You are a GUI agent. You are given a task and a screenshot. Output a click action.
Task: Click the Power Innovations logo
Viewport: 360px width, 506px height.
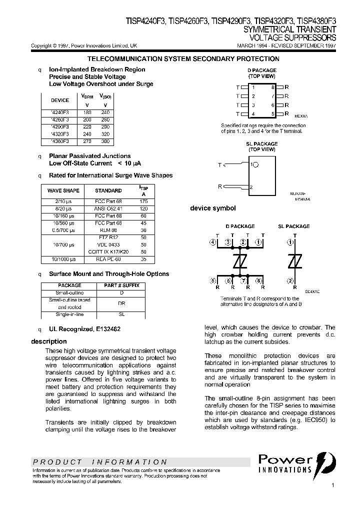[x=297, y=463]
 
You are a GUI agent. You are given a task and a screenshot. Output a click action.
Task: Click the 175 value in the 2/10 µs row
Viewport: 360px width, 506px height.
[x=143, y=201]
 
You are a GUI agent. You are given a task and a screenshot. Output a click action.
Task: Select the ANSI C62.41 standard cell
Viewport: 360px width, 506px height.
[x=108, y=208]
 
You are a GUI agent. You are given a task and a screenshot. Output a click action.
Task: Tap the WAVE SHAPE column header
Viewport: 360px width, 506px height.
[x=63, y=190]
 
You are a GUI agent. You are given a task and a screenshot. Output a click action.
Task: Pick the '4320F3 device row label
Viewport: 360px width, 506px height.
[x=60, y=134]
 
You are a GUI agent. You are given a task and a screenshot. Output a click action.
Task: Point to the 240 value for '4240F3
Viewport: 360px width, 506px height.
[x=105, y=113]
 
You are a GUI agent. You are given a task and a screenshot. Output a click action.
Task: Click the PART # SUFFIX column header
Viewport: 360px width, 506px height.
[x=121, y=285]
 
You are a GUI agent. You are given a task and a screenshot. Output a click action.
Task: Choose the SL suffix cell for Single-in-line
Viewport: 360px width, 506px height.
[x=121, y=314]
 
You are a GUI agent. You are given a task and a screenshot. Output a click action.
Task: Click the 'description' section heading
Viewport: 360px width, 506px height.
[x=48, y=341]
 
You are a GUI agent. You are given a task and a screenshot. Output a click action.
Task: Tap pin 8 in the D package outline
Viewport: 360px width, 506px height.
[x=272, y=87]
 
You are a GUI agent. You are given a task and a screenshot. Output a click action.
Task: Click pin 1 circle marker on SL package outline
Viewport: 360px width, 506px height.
[x=255, y=164]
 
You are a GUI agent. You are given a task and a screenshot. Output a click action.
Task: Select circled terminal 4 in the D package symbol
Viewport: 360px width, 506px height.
[x=213, y=243]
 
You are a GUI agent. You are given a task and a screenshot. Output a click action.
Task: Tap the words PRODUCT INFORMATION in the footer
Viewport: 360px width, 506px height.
[x=99, y=462]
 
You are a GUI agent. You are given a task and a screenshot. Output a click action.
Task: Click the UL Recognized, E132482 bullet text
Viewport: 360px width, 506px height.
[x=84, y=329]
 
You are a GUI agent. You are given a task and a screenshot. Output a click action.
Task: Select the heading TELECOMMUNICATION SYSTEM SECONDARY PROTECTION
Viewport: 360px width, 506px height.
[x=183, y=59]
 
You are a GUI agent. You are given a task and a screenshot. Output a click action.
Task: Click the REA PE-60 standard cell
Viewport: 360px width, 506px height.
[x=108, y=259]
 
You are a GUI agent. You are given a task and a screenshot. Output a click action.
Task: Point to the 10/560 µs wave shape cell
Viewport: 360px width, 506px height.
[x=63, y=222]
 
